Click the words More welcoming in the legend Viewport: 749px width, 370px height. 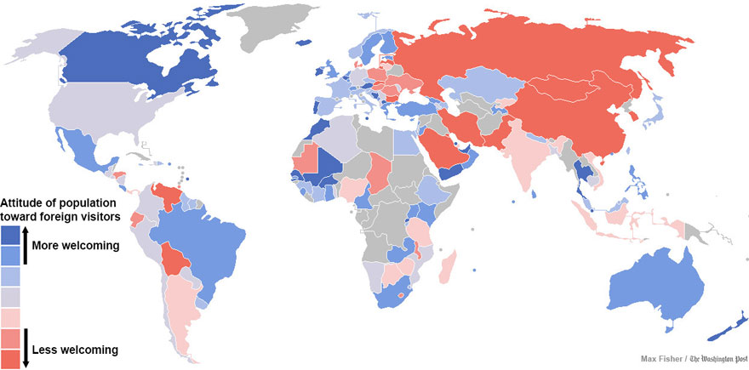75,246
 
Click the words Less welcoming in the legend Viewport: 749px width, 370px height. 75,350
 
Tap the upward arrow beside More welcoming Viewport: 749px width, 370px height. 25,241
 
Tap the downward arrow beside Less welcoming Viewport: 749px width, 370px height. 25,348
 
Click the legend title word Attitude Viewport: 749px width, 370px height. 25,202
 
